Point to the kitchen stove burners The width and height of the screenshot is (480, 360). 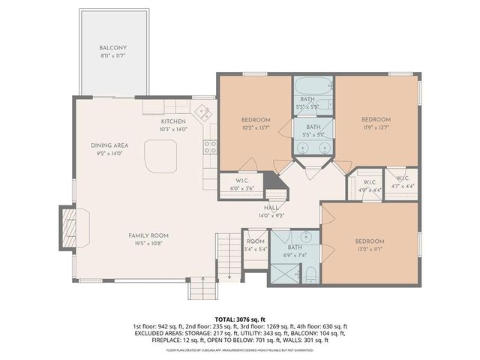point(211,145)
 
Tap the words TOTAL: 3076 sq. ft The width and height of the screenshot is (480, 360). point(240,319)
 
